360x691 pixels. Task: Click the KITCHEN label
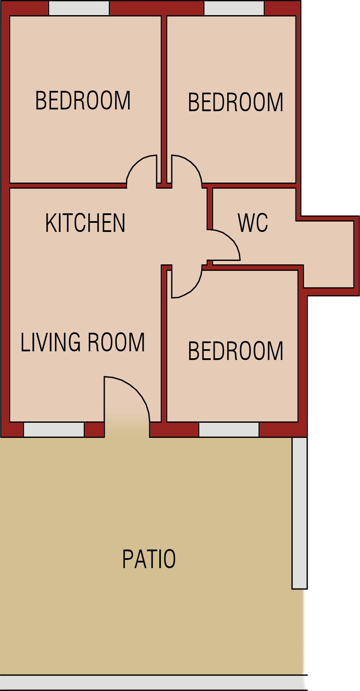coord(85,223)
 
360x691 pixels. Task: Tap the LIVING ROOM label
coord(83,342)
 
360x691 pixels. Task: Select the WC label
coord(253,222)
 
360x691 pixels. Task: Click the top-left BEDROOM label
coord(83,100)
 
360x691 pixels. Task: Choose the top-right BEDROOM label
coord(236,102)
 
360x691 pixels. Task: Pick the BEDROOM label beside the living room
coord(236,351)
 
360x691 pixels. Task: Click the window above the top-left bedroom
coord(79,8)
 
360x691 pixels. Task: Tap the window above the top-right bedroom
coord(234,8)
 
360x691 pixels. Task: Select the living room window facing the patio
coord(54,429)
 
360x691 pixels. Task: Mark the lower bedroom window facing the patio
coord(229,429)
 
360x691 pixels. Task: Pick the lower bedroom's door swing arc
coord(193,289)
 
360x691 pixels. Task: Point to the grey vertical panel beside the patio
coord(299,513)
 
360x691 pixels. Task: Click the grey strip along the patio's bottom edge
coord(154,682)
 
